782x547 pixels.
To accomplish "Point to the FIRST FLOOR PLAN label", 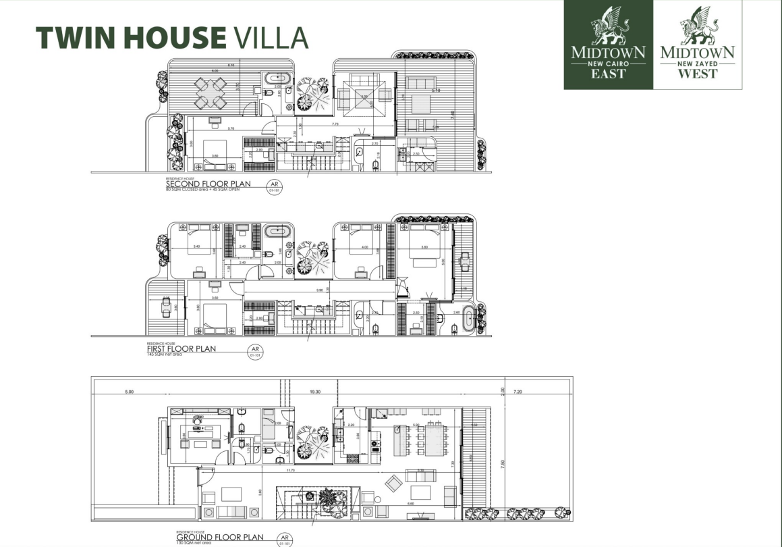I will click(181, 349).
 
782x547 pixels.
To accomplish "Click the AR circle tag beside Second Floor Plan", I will click(274, 185).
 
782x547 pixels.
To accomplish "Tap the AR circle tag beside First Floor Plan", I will click(255, 351).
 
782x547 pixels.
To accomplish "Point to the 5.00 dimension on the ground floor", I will click(129, 391).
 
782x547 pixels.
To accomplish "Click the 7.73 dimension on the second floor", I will click(335, 124).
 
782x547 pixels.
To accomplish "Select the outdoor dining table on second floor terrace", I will click(210, 93).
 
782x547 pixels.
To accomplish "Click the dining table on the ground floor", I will click(426, 442).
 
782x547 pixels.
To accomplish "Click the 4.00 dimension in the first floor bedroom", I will click(365, 246).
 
